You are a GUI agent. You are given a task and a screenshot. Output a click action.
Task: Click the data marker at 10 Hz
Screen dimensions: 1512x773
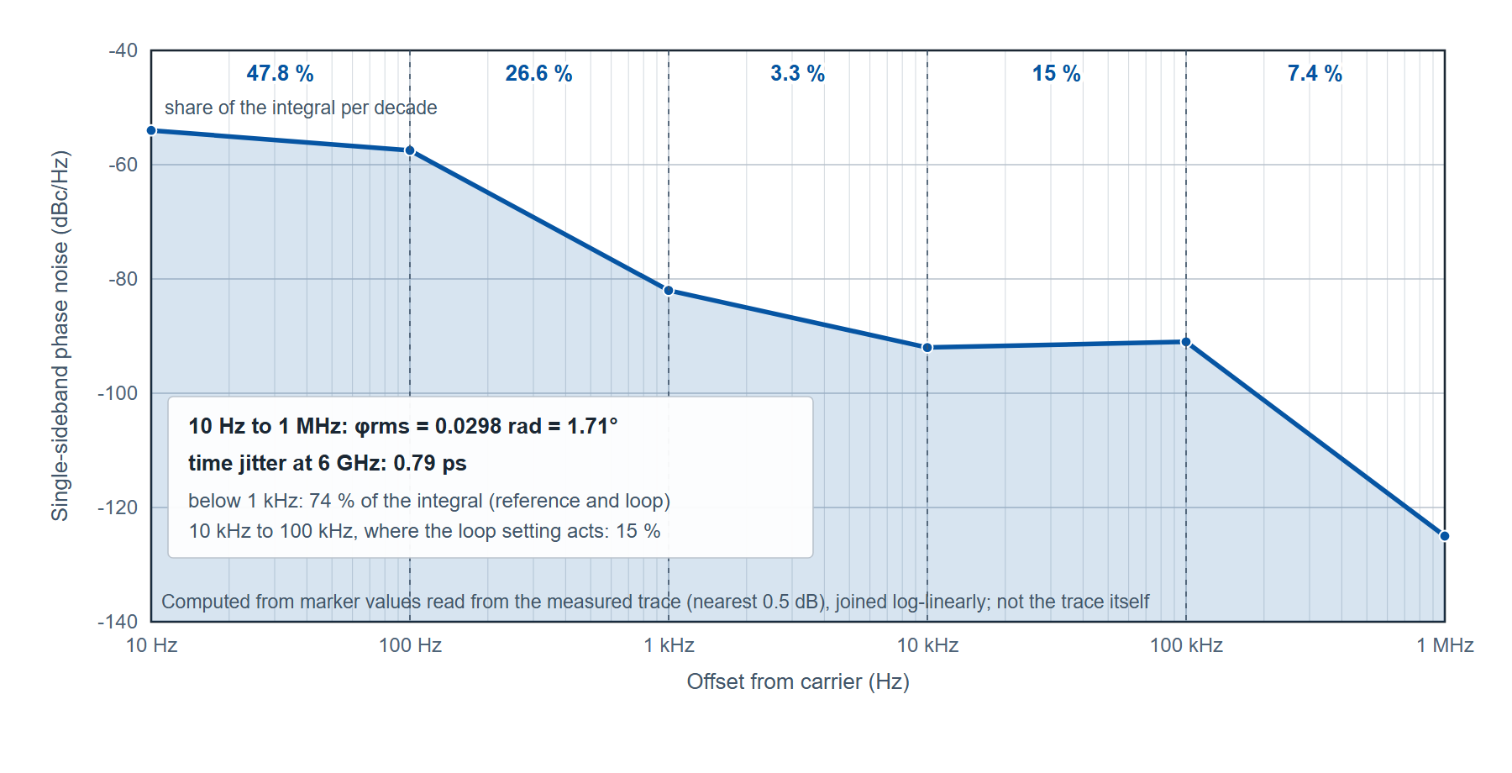point(151,130)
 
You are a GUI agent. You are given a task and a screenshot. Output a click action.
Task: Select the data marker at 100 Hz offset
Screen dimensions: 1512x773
point(410,150)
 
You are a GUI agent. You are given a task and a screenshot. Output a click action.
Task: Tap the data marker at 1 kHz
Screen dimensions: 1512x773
point(669,291)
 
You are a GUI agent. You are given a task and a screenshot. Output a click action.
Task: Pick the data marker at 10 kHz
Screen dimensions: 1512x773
point(927,348)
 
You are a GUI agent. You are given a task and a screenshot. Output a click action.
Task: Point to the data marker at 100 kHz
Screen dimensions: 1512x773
point(1186,342)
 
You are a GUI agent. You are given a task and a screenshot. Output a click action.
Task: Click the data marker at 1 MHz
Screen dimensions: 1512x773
point(1444,536)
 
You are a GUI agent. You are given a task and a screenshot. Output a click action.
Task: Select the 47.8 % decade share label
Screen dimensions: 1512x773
point(280,74)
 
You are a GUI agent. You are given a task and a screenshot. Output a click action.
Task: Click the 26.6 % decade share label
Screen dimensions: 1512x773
point(538,74)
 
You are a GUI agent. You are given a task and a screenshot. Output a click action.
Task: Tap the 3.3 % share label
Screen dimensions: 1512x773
point(797,74)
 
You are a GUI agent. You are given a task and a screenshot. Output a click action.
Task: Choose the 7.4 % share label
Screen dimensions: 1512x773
point(1315,74)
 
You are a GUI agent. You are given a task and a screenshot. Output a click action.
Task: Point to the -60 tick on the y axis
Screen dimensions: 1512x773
point(123,165)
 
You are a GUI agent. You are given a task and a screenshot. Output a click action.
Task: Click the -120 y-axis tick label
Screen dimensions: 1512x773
point(118,507)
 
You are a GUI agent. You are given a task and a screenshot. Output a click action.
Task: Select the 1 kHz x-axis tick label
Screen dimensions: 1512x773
point(669,645)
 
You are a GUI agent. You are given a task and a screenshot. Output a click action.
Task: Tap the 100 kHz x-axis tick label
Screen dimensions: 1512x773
point(1186,645)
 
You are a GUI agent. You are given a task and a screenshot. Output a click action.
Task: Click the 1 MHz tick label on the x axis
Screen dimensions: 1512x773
point(1445,645)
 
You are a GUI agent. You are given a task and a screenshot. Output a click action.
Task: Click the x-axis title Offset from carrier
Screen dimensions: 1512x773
point(798,681)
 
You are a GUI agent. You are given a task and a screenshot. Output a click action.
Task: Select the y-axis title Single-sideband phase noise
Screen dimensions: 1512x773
point(60,336)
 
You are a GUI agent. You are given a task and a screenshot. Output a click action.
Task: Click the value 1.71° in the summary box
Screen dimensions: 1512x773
point(592,426)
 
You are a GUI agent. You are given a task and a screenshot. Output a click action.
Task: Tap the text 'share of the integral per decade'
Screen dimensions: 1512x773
point(301,108)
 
